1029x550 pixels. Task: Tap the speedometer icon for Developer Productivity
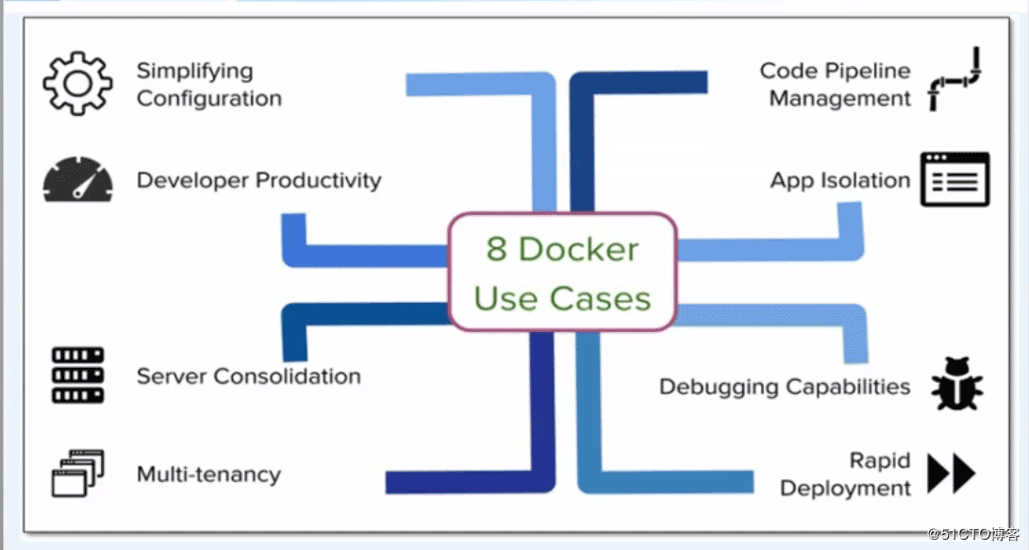(x=77, y=180)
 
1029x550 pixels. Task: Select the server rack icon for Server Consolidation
(x=77, y=375)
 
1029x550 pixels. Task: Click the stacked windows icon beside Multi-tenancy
(x=77, y=474)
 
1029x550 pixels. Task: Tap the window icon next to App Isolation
(x=954, y=179)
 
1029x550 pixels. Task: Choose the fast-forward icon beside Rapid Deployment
(x=951, y=474)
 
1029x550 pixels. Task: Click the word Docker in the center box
(x=579, y=249)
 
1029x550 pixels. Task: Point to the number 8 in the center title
(x=497, y=249)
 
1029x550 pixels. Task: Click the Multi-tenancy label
(x=208, y=474)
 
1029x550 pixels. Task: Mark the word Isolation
(x=865, y=180)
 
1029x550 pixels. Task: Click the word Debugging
(x=713, y=387)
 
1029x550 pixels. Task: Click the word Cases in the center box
(x=601, y=299)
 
